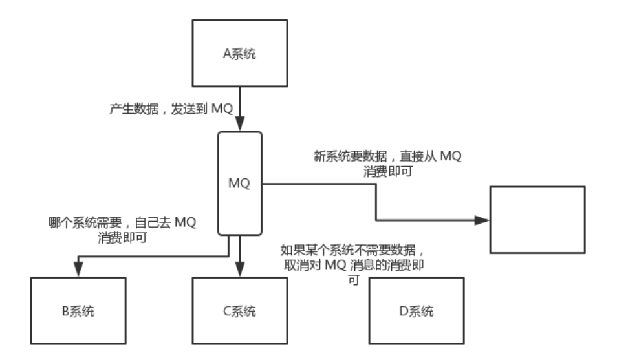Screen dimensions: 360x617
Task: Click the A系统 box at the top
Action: pos(240,54)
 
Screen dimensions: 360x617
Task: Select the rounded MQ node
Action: pos(240,184)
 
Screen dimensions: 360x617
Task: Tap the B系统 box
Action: pos(77,310)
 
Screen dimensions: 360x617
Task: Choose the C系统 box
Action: pos(240,310)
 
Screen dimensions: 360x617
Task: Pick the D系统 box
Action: pos(416,310)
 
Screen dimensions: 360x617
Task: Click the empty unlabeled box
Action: pos(537,220)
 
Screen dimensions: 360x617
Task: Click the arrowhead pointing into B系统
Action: pos(77,272)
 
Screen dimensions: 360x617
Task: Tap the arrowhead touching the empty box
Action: pos(482,220)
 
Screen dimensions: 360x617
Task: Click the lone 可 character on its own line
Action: pos(353,280)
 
